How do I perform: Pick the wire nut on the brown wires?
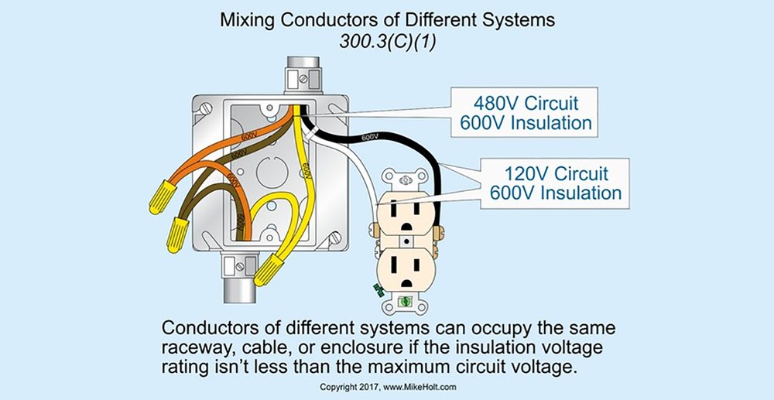click(179, 231)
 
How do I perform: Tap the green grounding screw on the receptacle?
click(378, 291)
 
